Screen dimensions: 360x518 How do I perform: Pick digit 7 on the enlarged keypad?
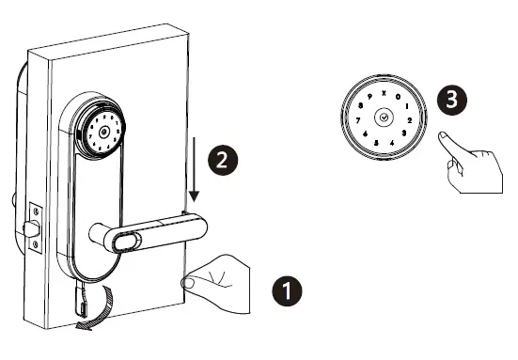coord(355,120)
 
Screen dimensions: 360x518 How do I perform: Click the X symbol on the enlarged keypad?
coord(384,91)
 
